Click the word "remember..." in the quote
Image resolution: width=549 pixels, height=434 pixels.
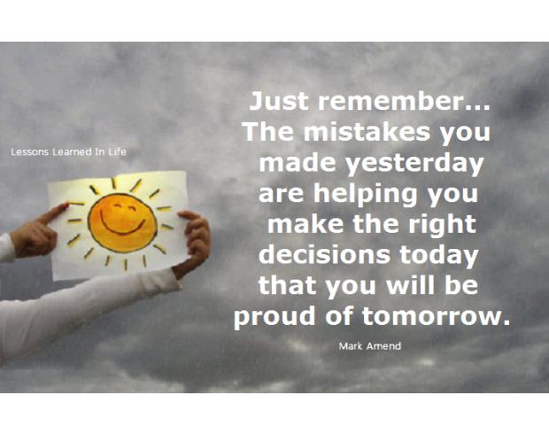[x=404, y=101]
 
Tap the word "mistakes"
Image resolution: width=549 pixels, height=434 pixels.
[x=367, y=132]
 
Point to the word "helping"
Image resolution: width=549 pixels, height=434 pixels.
[x=365, y=195]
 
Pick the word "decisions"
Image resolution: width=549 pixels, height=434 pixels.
[x=324, y=255]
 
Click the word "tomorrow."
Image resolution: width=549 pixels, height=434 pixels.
[x=436, y=316]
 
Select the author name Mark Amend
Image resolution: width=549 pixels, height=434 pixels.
[x=370, y=346]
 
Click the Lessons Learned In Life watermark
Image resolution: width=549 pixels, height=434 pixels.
[x=68, y=152]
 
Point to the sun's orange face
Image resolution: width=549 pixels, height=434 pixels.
[x=122, y=223]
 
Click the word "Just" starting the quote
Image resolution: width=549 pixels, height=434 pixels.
[x=279, y=101]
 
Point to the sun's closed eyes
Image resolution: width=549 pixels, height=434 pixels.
[x=124, y=207]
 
